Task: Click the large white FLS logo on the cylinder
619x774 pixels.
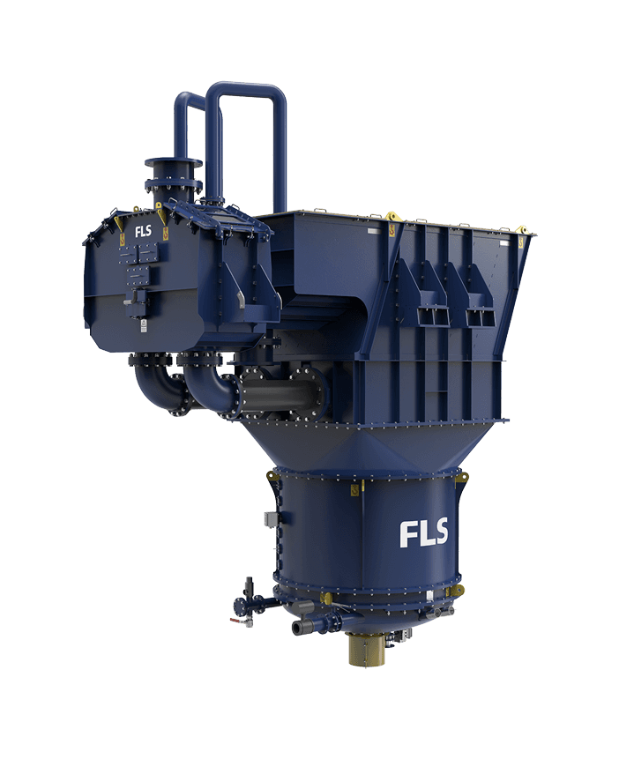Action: (423, 532)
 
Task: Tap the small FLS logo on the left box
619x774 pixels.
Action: (143, 230)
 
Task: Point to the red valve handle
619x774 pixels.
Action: (236, 621)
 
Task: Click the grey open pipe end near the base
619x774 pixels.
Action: (299, 629)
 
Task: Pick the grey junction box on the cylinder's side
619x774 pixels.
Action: (271, 519)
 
